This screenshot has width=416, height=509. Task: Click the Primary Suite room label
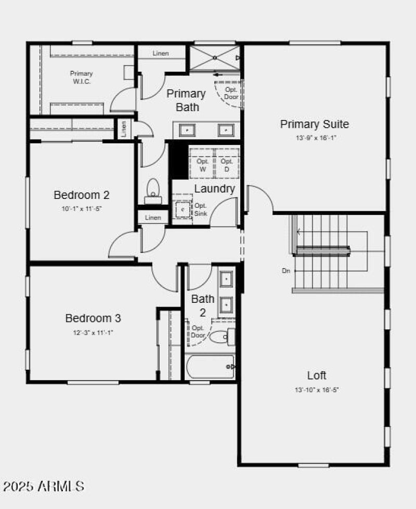314,124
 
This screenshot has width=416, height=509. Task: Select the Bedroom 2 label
82,195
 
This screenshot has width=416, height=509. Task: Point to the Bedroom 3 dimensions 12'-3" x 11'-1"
93,332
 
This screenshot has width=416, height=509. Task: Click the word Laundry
215,189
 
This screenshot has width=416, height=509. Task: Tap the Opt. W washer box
202,165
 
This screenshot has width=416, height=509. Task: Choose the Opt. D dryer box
227,165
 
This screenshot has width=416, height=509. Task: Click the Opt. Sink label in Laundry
201,209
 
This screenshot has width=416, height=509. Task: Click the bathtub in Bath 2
210,367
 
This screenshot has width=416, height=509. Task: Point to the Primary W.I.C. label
81,77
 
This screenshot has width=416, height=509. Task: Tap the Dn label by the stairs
285,271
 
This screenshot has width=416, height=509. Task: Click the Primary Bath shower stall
214,58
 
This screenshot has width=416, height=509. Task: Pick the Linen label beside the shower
161,53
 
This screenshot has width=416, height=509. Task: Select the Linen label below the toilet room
153,218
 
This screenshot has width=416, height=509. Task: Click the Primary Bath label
186,100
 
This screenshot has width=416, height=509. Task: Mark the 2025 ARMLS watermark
44,487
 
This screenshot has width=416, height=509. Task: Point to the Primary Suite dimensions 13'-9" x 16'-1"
314,138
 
